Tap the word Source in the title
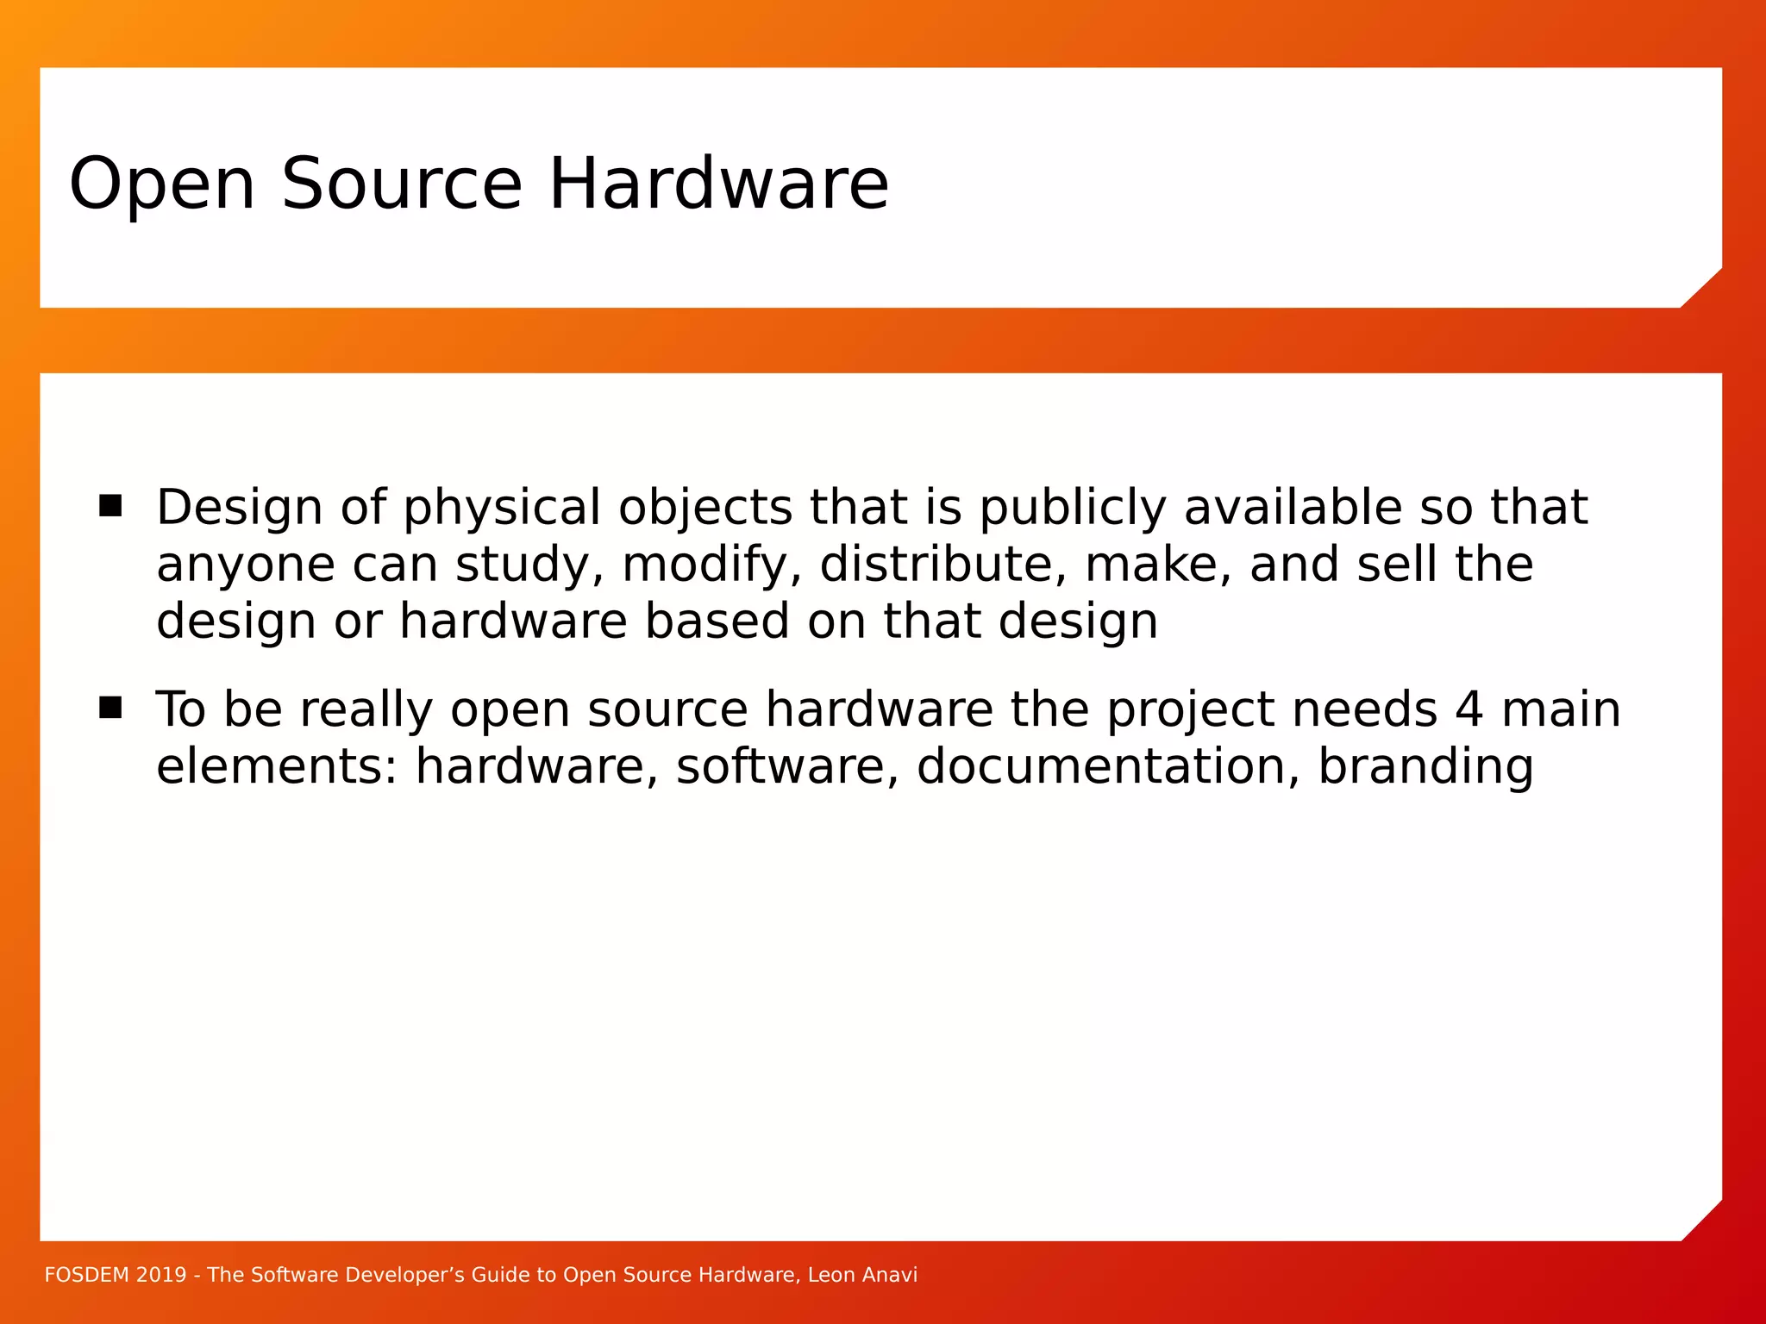point(402,184)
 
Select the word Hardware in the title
point(718,184)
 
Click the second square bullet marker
point(110,708)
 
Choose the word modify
point(711,565)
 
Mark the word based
point(717,621)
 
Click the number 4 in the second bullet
point(1469,709)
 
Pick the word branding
point(1425,767)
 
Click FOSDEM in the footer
point(85,1275)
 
